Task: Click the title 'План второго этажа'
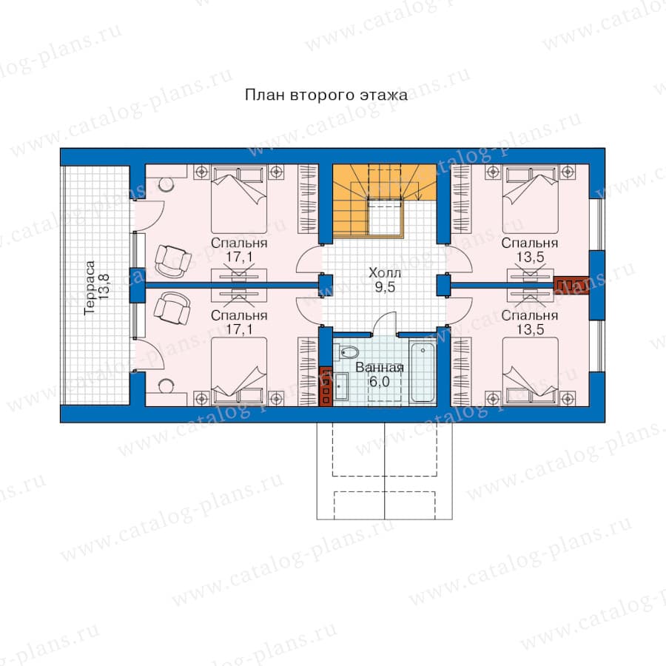[326, 95]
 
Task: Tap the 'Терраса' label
[90, 288]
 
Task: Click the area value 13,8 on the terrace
[104, 286]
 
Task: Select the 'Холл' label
[384, 272]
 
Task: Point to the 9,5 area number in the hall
[385, 287]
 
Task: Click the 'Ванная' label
[380, 367]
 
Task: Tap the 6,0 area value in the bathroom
[380, 382]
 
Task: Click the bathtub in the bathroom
[423, 372]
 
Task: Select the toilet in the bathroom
[349, 352]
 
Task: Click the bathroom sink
[340, 386]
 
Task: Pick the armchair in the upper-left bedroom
[172, 260]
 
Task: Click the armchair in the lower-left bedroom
[172, 308]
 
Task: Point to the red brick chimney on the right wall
[571, 285]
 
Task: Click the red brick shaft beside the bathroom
[326, 385]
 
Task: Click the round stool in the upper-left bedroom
[165, 184]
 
